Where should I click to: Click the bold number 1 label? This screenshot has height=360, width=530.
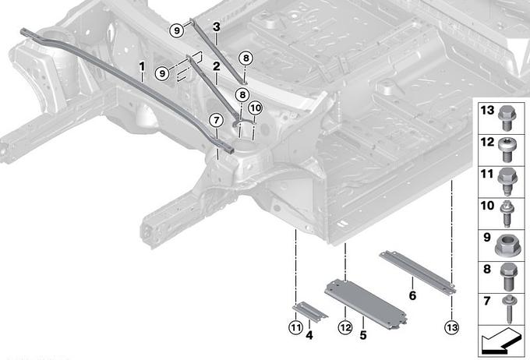pos(142,66)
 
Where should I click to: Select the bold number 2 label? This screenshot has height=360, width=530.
pos(217,66)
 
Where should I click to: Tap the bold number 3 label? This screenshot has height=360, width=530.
pos(217,27)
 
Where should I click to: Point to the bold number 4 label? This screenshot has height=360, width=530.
pos(309,335)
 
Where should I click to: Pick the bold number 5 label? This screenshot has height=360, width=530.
pos(363,335)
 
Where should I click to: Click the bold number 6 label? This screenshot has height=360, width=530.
pos(412,295)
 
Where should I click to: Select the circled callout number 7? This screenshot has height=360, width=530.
pos(217,120)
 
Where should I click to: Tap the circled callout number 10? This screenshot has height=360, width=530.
pos(256,108)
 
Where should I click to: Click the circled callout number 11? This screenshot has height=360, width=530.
pos(295,327)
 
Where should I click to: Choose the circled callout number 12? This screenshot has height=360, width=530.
pos(345,327)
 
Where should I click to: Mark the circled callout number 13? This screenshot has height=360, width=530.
pos(452,327)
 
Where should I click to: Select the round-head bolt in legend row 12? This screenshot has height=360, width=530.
pos(507,150)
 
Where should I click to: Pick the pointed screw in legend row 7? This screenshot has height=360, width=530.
pos(508,309)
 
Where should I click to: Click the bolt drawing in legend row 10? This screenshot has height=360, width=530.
pos(507,214)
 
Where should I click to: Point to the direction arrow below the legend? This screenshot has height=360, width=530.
pos(501,342)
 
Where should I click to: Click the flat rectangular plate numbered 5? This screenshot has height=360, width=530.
pos(366,304)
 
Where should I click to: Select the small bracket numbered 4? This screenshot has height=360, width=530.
pos(310,312)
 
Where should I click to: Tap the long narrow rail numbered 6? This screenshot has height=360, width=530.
pos(418,273)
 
